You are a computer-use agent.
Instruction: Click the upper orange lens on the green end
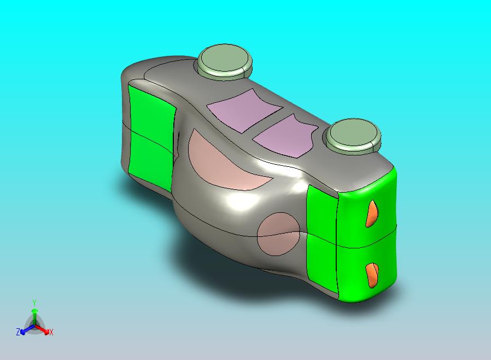[372, 213]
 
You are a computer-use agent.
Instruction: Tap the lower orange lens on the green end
[372, 275]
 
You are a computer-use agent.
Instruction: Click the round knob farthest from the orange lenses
[226, 62]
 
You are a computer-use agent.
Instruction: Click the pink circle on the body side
[278, 234]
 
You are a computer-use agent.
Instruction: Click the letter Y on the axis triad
[34, 303]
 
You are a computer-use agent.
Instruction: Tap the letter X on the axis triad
[51, 332]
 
